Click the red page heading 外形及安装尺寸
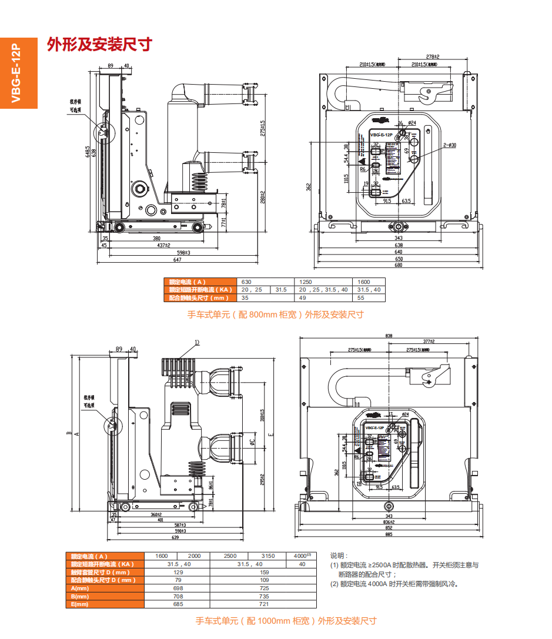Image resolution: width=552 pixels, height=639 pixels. click(99, 45)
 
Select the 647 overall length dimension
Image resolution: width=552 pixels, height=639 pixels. click(177, 259)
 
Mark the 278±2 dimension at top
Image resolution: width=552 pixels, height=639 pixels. click(433, 56)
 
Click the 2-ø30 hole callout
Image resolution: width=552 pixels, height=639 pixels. click(450, 145)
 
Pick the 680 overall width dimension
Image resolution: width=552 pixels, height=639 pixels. click(399, 265)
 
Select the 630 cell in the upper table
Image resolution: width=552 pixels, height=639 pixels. click(246, 282)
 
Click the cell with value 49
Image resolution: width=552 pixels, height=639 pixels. click(302, 298)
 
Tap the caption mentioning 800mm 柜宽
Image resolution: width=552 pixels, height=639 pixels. click(275, 315)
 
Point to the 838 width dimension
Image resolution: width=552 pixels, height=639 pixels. click(389, 336)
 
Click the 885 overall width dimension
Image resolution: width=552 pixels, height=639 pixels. click(389, 534)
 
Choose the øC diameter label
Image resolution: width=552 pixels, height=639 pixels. click(252, 441)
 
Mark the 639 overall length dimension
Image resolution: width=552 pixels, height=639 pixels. click(175, 537)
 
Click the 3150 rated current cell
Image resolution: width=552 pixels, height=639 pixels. click(267, 556)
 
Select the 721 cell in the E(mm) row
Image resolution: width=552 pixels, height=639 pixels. click(264, 604)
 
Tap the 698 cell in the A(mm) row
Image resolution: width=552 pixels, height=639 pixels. click(178, 588)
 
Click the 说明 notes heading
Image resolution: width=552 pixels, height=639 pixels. click(339, 556)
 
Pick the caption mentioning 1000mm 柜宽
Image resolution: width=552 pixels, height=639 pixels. click(286, 621)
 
